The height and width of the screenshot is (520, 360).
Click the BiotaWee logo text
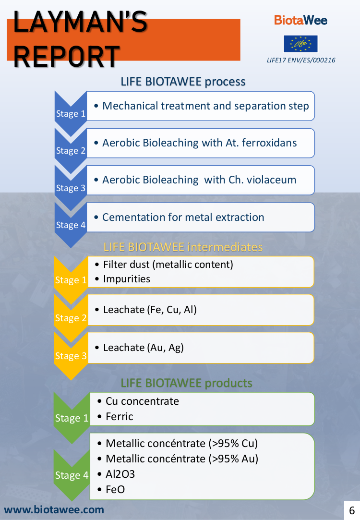click(300, 20)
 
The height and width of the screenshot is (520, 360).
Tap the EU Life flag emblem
click(300, 44)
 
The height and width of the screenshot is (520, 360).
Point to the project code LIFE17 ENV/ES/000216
click(301, 60)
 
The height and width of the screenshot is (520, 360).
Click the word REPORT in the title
click(66, 56)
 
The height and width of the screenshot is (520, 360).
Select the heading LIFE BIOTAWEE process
click(183, 82)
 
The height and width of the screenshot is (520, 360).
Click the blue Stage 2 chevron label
click(71, 151)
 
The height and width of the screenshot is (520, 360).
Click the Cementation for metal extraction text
click(183, 217)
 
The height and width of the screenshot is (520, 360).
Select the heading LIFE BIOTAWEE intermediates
click(183, 247)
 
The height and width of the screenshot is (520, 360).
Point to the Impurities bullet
click(127, 279)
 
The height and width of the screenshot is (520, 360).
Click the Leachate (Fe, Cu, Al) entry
click(150, 309)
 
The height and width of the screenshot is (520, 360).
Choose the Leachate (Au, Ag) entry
click(144, 348)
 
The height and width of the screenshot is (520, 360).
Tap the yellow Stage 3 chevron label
click(71, 356)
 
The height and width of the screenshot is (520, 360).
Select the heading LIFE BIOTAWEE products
click(186, 383)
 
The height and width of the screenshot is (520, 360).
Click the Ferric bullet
click(120, 417)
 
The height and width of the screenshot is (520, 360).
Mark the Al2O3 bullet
click(120, 474)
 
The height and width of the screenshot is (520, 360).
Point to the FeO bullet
click(115, 489)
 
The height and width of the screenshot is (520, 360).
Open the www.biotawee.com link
click(54, 510)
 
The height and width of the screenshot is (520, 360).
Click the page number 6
click(352, 510)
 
